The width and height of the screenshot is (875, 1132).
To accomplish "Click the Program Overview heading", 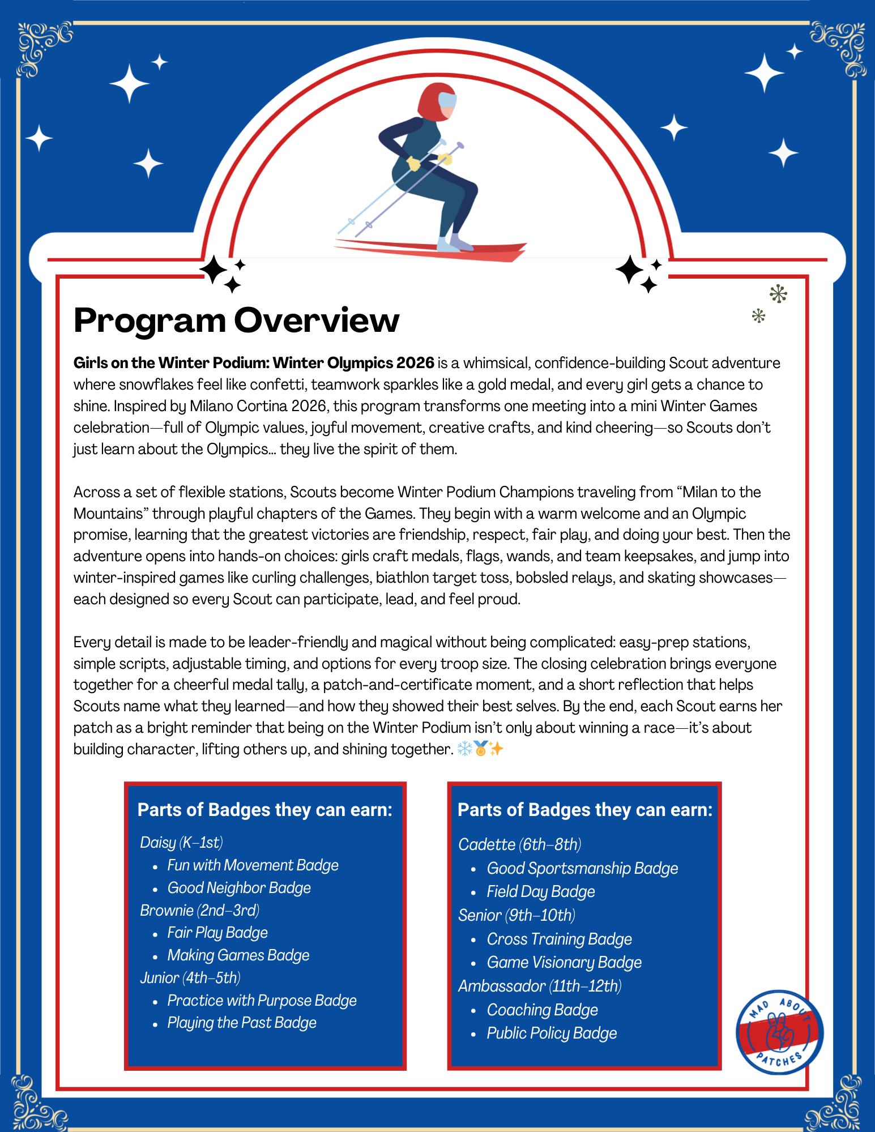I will pos(236,321).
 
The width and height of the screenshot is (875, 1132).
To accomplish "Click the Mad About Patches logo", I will pos(779,1032).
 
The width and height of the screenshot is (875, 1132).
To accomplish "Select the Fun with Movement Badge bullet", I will pos(253,865).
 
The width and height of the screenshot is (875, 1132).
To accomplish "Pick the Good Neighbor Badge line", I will pos(239,888).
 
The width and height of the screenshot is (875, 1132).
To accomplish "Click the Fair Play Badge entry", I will pos(217,933).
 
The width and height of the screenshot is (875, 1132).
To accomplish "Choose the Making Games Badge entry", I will pos(238,955).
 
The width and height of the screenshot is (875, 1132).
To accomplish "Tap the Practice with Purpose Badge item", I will pos(262,1001).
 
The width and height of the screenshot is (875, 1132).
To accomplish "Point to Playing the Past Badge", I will pos(242,1023).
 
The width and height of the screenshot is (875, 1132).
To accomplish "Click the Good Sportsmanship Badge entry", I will pos(582,869).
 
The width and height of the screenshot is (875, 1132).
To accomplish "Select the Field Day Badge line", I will pos(541,892).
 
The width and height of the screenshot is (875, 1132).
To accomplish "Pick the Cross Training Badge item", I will pos(559,939).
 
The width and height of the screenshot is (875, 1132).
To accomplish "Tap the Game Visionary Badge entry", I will pos(564,963).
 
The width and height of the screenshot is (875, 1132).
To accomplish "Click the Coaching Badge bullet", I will pos(542,1010).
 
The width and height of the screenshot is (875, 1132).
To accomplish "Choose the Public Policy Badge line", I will pos(552,1033).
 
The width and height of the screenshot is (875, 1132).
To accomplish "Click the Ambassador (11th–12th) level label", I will pos(540,986).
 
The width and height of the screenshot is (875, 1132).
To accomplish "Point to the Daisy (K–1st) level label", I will pos(181,843).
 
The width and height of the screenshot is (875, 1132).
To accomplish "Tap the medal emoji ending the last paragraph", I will pos(481,749).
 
